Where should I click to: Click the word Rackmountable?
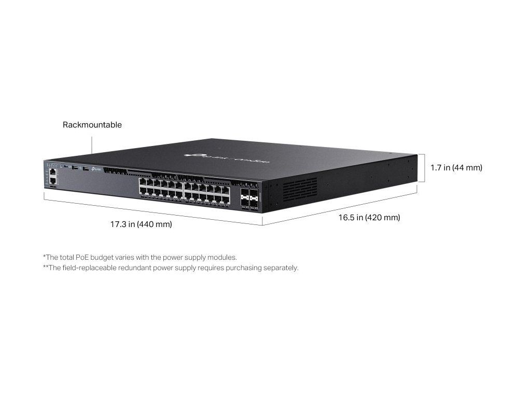[92, 125]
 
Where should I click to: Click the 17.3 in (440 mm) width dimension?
[141, 224]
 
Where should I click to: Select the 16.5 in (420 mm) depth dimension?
[369, 218]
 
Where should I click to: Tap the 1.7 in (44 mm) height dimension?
[456, 168]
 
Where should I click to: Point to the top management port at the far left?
[53, 171]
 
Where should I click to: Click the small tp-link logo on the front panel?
[95, 168]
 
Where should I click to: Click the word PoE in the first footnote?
[82, 257]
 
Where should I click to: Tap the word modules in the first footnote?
[223, 257]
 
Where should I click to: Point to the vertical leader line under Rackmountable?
[92, 145]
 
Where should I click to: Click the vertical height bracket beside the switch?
[425, 168]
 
